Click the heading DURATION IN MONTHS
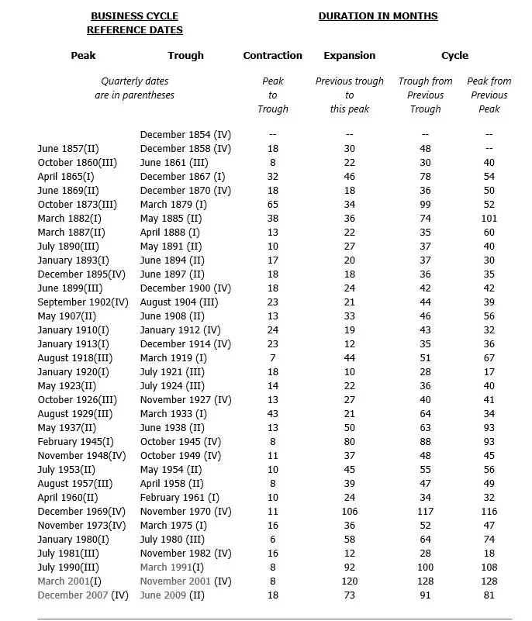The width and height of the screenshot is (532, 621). pos(378,16)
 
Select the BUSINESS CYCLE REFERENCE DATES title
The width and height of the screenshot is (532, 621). pos(134,22)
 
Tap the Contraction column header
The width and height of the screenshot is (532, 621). pos(272,55)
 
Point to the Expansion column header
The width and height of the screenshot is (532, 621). pos(349,55)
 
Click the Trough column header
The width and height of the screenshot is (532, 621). pos(185,55)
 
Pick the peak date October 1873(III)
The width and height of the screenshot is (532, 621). pos(77,204)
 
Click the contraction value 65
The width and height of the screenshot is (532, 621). pos(273,204)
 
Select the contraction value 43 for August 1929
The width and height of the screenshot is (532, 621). pos(273,413)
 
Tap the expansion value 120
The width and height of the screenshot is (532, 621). pos(350,581)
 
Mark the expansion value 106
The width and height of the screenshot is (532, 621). pos(350,511)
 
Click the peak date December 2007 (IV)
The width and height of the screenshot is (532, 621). pos(82,595)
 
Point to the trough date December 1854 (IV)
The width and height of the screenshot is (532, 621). pos(185,134)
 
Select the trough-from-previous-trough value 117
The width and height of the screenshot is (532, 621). pos(425,511)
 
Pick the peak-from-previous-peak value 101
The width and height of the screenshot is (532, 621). pos(489,218)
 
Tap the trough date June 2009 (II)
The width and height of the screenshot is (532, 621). pos(172,595)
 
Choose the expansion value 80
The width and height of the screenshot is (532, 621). pos(350,441)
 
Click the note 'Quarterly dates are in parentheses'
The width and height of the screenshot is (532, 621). pos(134,88)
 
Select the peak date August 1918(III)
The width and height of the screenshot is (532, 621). pos(74,357)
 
